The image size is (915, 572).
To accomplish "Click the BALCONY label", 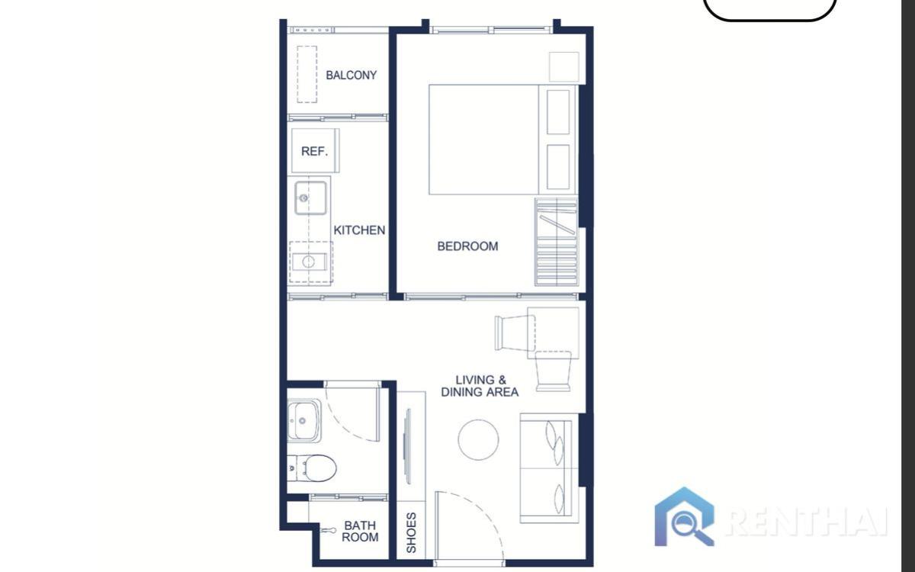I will pyautogui.click(x=351, y=76).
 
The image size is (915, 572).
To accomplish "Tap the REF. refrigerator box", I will pyautogui.click(x=314, y=151).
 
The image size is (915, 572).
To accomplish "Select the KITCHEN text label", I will pyautogui.click(x=359, y=230).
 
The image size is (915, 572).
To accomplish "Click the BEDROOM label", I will pyautogui.click(x=467, y=246).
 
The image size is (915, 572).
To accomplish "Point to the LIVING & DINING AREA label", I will pyautogui.click(x=480, y=386).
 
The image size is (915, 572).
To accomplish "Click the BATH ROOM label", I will pyautogui.click(x=360, y=531).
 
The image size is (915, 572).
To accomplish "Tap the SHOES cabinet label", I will pyautogui.click(x=411, y=532).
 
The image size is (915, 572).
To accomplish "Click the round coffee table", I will pyautogui.click(x=478, y=440).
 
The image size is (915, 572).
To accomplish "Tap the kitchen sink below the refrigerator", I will pyautogui.click(x=310, y=198).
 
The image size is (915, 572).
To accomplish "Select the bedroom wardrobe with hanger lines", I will pyautogui.click(x=556, y=241).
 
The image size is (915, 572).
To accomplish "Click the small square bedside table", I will pyautogui.click(x=563, y=66).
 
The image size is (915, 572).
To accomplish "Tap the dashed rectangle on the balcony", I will pyautogui.click(x=307, y=74).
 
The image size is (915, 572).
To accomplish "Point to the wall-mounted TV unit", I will pyautogui.click(x=408, y=446).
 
